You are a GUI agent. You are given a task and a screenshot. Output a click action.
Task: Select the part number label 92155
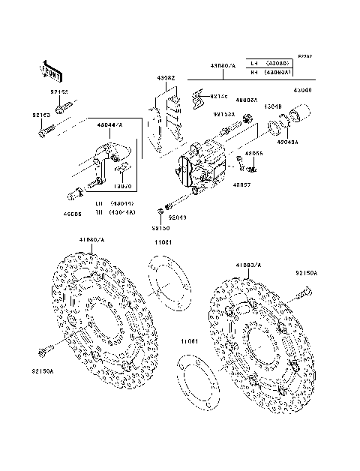tap(59, 91)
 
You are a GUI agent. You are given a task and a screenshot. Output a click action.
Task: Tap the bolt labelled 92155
tap(59, 106)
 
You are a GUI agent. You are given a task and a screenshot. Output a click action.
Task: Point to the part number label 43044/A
tap(110, 124)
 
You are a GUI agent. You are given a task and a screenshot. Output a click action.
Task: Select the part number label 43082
tap(166, 78)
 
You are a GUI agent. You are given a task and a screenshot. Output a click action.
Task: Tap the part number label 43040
tap(302, 90)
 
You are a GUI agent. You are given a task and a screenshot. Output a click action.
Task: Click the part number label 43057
tap(241, 184)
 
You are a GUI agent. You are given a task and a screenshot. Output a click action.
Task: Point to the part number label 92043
tap(177, 217)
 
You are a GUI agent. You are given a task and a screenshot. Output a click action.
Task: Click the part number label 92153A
tap(223, 115)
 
